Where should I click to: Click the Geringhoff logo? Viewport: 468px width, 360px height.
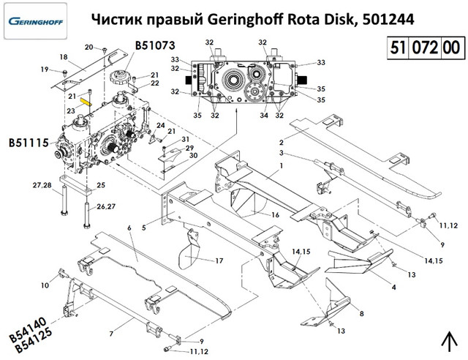[37, 20]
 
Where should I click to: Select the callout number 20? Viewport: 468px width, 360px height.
[88, 47]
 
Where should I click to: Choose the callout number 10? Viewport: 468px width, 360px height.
[44, 285]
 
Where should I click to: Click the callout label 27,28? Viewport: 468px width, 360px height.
[42, 187]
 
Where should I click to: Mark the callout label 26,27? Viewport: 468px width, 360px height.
[107, 207]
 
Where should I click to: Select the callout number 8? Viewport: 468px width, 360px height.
[361, 314]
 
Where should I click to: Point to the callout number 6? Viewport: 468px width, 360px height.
[129, 228]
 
